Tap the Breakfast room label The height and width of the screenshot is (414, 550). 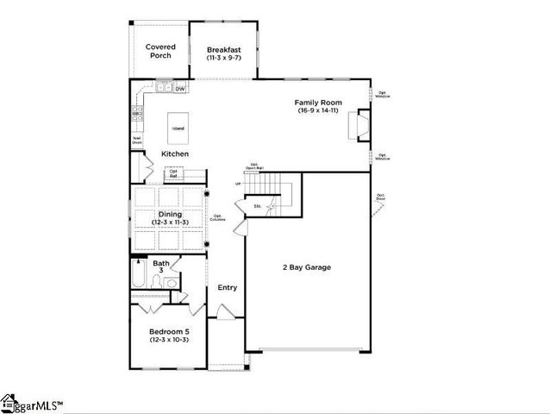[x=223, y=51]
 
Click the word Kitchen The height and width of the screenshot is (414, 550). [x=175, y=154]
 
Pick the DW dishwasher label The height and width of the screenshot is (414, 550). [x=180, y=89]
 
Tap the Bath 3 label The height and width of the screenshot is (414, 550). [x=161, y=267]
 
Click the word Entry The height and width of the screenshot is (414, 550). [x=227, y=288]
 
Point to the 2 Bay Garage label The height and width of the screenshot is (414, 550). [x=306, y=267]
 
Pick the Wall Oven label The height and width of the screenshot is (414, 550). [x=137, y=139]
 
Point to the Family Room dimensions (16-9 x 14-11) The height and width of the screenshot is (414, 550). [x=319, y=111]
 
